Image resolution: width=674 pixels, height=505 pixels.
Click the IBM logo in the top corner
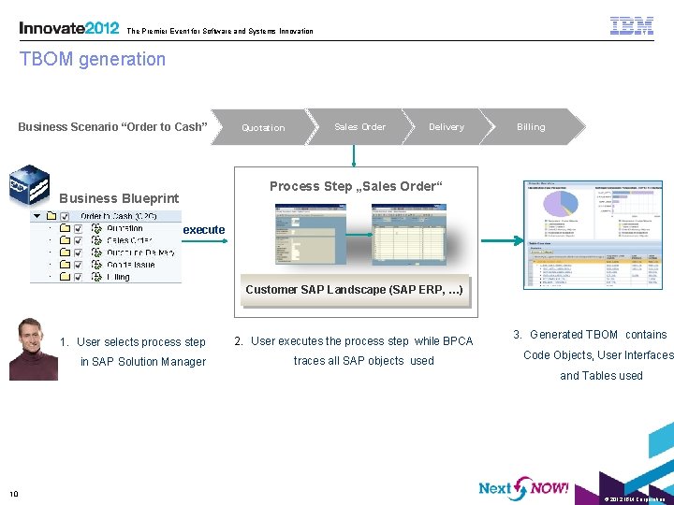coord(632,25)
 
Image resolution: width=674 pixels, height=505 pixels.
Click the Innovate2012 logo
coord(68,28)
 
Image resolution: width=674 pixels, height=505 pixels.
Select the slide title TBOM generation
coord(93,59)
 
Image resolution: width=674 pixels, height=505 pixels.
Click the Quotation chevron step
coord(263,127)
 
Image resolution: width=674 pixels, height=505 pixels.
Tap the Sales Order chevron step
coord(360,126)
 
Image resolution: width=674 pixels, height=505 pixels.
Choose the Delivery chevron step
coord(447,126)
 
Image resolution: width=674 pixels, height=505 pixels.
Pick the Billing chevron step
coord(532,126)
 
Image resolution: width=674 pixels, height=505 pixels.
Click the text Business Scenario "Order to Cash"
coord(112,126)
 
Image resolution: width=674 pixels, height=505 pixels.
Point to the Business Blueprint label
coord(119,198)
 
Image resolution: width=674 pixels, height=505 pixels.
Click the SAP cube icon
coord(28,184)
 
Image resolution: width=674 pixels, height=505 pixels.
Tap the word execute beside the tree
coord(204,229)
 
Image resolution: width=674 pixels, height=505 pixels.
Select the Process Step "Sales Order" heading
coord(353,186)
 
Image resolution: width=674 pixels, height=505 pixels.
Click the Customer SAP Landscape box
coord(354,290)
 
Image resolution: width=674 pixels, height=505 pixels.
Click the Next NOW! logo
coord(523,487)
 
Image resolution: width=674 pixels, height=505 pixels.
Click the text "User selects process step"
coord(141,342)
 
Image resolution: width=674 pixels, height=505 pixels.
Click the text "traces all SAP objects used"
coord(363,361)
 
